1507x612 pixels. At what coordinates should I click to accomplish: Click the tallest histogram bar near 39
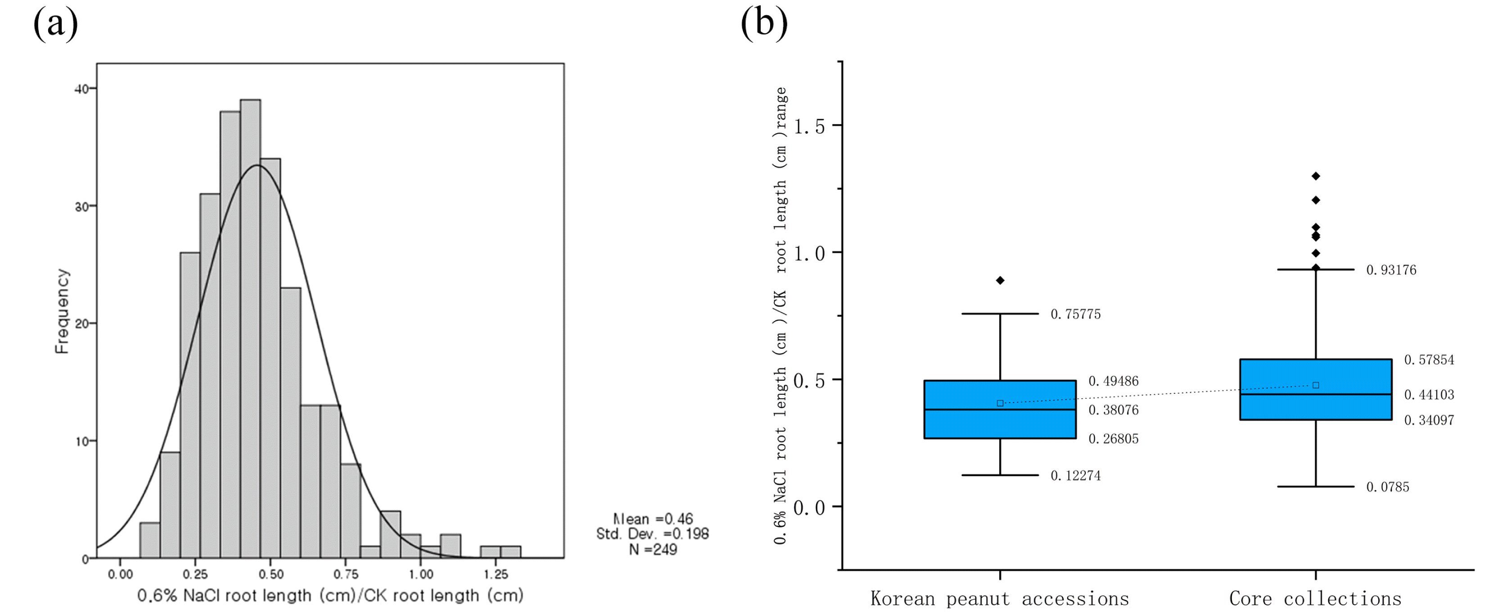[250, 329]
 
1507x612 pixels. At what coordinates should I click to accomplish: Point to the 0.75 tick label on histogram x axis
[346, 575]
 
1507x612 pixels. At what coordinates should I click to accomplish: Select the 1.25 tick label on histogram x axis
[496, 575]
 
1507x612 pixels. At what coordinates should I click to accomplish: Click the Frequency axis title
[62, 311]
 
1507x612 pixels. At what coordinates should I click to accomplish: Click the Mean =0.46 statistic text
[653, 519]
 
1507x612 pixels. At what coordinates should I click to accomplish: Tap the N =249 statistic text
[653, 549]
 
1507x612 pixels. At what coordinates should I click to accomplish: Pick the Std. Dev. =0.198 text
[652, 534]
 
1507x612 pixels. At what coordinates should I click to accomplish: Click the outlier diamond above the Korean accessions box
[1000, 280]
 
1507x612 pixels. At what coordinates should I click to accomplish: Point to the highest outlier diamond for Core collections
[1316, 176]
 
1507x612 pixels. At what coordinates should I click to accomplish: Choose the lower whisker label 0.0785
[1388, 487]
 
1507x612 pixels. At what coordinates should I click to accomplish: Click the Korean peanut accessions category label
[1000, 599]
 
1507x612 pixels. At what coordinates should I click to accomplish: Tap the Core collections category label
[1315, 599]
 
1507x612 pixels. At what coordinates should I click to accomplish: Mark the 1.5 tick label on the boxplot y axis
[809, 126]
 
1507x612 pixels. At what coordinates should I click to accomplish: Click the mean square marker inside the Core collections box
[1316, 385]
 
